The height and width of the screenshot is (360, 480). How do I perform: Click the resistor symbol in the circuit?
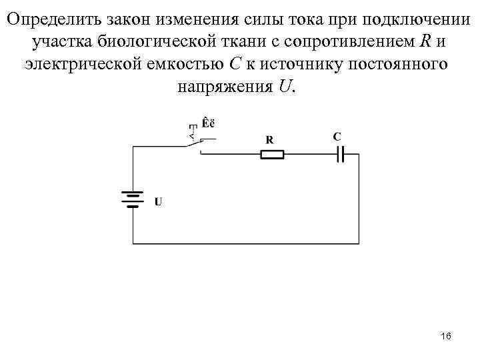pyautogui.click(x=271, y=155)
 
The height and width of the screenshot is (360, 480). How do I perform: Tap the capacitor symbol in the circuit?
pyautogui.click(x=340, y=155)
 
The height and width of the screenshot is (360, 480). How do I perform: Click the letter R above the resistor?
pyautogui.click(x=269, y=140)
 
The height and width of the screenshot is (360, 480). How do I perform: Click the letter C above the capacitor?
pyautogui.click(x=337, y=137)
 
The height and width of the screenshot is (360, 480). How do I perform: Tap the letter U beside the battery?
pyautogui.click(x=157, y=201)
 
